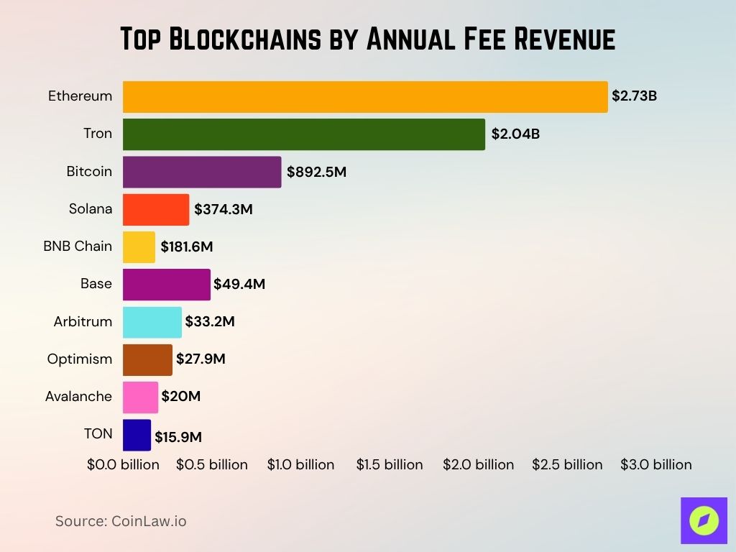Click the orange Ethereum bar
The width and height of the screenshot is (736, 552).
pyautogui.click(x=365, y=97)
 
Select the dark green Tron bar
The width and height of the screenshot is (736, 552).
pyautogui.click(x=303, y=134)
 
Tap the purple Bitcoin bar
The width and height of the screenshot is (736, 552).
pyautogui.click(x=202, y=172)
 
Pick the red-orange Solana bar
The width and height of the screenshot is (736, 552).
pyautogui.click(x=156, y=209)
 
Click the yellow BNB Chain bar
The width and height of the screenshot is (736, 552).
pyautogui.click(x=139, y=247)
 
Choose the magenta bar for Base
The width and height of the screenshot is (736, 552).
pyautogui.click(x=167, y=284)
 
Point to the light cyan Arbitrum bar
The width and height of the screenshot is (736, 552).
pyautogui.click(x=152, y=322)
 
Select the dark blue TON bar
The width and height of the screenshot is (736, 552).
pyautogui.click(x=137, y=435)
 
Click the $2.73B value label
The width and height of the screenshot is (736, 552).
pyautogui.click(x=634, y=96)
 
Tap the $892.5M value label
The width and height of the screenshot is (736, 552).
pyautogui.click(x=316, y=172)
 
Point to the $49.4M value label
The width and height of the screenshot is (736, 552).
pyautogui.click(x=239, y=284)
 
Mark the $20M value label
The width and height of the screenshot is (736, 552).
pyautogui.click(x=180, y=397)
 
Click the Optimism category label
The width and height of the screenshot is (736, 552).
pyautogui.click(x=80, y=359)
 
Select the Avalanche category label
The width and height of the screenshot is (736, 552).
pyautogui.click(x=78, y=396)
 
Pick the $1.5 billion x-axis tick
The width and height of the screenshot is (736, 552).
pyautogui.click(x=390, y=465)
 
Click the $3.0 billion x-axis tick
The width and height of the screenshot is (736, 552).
pyautogui.click(x=656, y=465)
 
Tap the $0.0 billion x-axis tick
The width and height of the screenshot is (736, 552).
pyautogui.click(x=123, y=465)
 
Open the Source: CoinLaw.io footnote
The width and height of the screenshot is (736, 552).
pyautogui.click(x=121, y=521)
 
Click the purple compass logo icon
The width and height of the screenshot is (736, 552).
pyautogui.click(x=704, y=520)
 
